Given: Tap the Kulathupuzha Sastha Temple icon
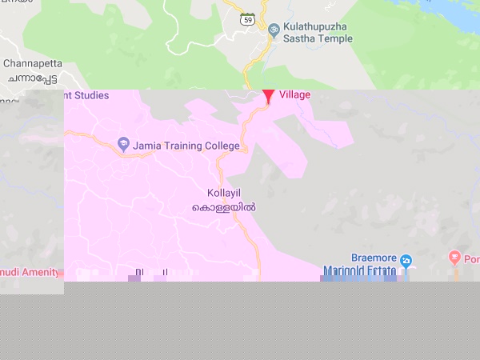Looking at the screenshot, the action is point(274,30).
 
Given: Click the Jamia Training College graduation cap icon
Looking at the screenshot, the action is point(123,145).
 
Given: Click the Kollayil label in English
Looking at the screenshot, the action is point(224,194).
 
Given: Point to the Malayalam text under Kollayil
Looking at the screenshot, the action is point(224,207).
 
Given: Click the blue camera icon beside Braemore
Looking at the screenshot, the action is point(406,261).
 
